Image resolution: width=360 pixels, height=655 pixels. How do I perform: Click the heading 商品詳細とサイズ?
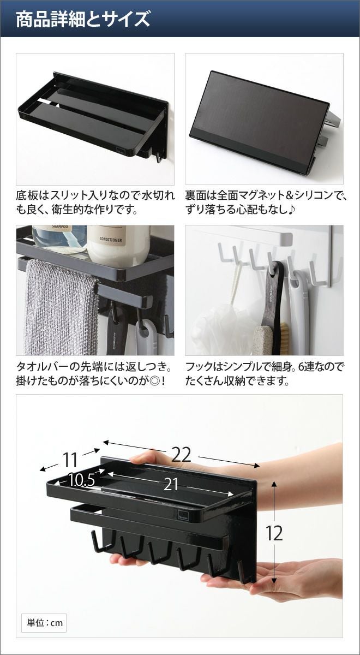(x=83, y=20)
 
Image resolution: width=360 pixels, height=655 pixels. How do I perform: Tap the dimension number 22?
(x=181, y=455)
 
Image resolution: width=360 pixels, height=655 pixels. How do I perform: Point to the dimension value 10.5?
(x=81, y=480)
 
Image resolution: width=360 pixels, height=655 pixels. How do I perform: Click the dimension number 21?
(x=171, y=484)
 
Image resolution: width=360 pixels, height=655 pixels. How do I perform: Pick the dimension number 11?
(x=70, y=460)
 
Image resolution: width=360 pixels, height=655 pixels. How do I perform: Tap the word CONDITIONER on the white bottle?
(x=111, y=240)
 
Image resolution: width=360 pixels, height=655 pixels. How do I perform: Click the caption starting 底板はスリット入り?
(x=95, y=203)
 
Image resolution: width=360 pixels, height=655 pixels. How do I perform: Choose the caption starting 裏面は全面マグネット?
(x=265, y=203)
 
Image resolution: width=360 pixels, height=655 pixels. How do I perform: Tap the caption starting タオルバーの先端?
(x=93, y=374)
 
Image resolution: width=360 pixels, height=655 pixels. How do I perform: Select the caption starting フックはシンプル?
(x=264, y=374)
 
